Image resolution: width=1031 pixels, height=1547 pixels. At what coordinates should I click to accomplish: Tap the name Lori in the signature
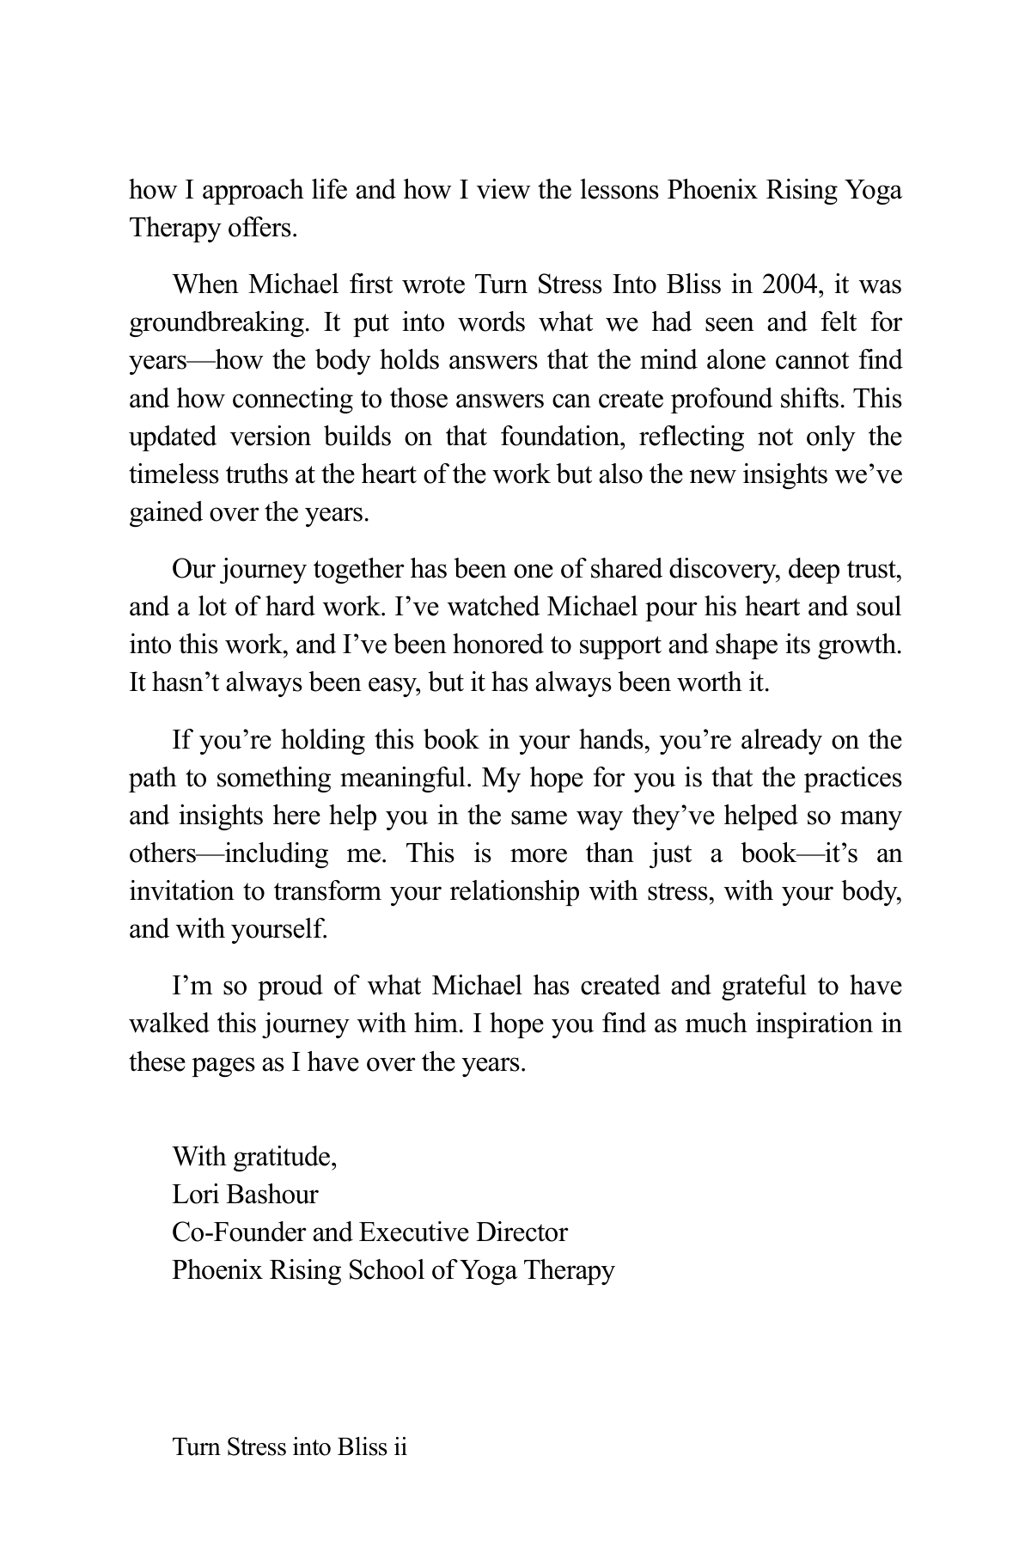click(x=193, y=1195)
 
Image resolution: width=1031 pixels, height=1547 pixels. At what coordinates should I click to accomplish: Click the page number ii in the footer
click(x=399, y=1447)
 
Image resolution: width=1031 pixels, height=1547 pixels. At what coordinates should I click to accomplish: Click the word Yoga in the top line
click(x=875, y=190)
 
